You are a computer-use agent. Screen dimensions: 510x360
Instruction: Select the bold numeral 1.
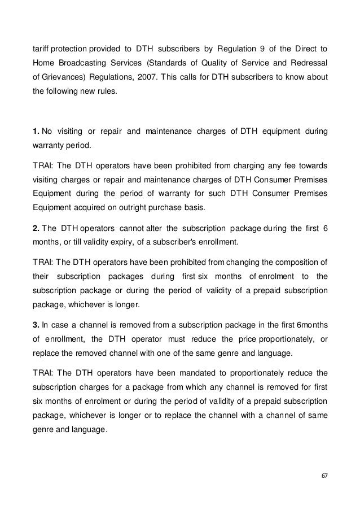pos(36,132)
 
